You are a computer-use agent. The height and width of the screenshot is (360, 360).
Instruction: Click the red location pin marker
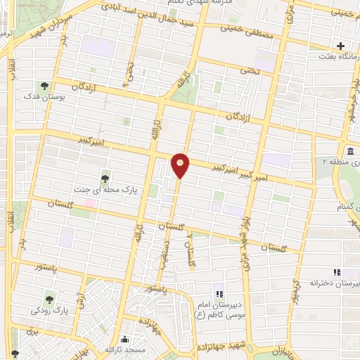tap(181, 165)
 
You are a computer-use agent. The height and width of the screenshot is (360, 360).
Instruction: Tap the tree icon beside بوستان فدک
tap(44, 86)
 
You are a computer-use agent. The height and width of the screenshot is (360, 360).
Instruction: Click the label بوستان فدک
tap(44, 97)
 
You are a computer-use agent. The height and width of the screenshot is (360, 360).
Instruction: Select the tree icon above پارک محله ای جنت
tap(105, 178)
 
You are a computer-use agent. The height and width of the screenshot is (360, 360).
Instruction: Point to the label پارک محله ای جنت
tap(105, 189)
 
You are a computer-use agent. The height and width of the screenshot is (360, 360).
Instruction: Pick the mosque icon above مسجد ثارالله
tap(125, 339)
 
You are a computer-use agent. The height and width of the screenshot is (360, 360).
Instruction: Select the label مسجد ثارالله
tap(124, 349)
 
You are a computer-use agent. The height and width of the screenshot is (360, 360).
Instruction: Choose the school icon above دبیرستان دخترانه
tap(337, 271)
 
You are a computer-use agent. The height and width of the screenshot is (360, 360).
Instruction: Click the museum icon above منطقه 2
tap(350, 151)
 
